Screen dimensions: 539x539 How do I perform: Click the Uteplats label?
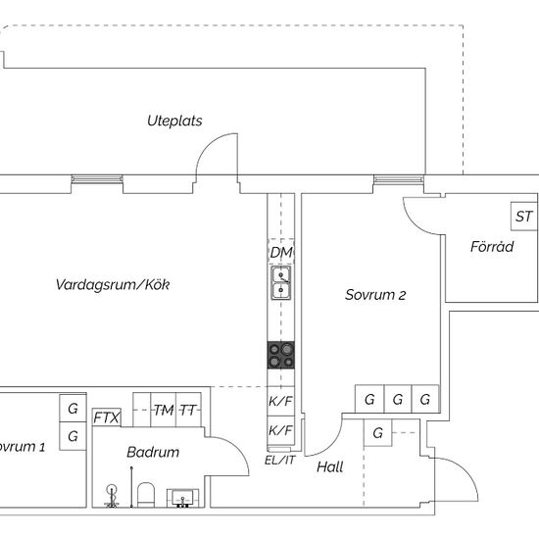pyautogui.click(x=174, y=121)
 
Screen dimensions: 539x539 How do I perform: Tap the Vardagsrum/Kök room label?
pyautogui.click(x=113, y=284)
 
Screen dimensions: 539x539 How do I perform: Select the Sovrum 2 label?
pyautogui.click(x=375, y=295)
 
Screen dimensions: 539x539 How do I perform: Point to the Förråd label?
pyautogui.click(x=492, y=246)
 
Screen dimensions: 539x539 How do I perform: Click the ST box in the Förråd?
pyautogui.click(x=524, y=217)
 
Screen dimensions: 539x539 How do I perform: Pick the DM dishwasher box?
pyautogui.click(x=281, y=252)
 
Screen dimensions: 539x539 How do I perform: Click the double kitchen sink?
pyautogui.click(x=281, y=282)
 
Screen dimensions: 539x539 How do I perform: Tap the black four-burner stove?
pyautogui.click(x=281, y=355)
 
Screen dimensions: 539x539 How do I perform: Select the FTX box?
pyautogui.click(x=107, y=417)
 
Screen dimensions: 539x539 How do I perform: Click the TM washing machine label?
pyautogui.click(x=164, y=410)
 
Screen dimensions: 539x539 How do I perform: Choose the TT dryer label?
pyautogui.click(x=188, y=410)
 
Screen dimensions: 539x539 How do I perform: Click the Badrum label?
pyautogui.click(x=153, y=452)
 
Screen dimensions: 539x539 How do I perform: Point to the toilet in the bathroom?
pyautogui.click(x=146, y=495)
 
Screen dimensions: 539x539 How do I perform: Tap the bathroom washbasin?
pyautogui.click(x=182, y=498)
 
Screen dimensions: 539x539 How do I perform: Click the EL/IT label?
pyautogui.click(x=280, y=461)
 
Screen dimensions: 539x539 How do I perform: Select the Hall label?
pyautogui.click(x=330, y=466)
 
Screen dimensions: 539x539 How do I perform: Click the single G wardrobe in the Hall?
pyautogui.click(x=377, y=433)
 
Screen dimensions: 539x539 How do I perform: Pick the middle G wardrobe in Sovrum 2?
pyautogui.click(x=397, y=399)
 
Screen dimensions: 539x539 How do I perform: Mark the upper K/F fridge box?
pyautogui.click(x=281, y=401)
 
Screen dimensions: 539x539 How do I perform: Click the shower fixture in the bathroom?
pyautogui.click(x=112, y=495)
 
